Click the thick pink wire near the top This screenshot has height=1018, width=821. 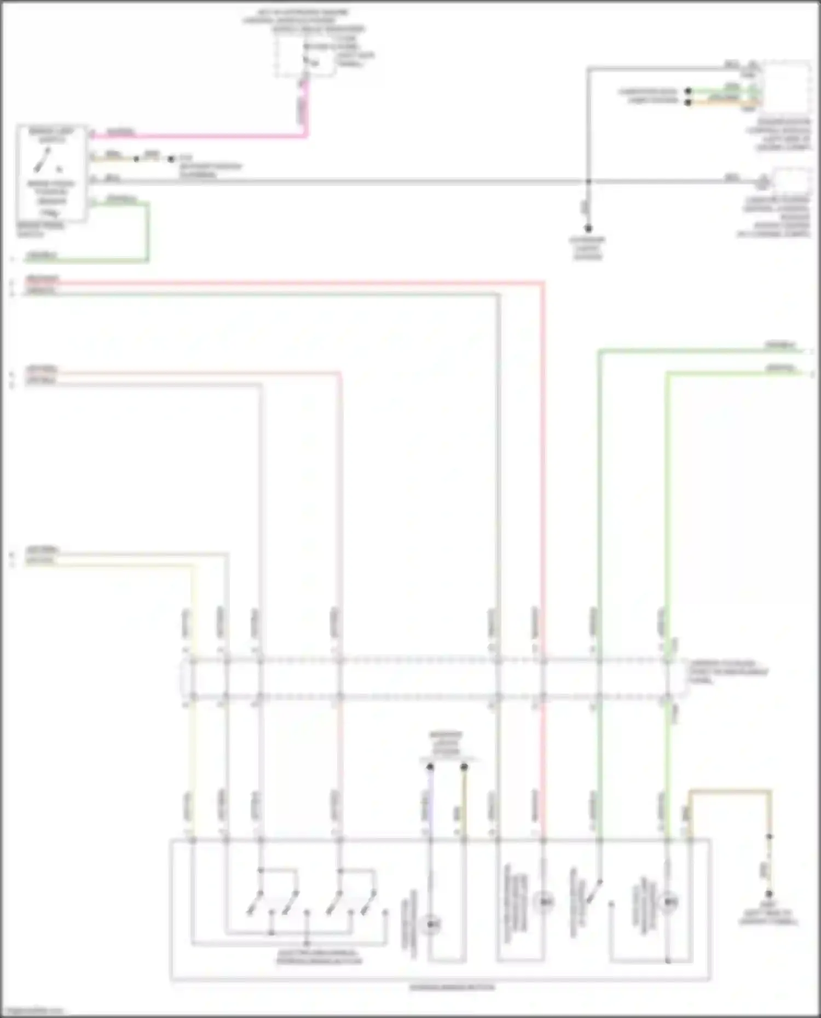(197, 135)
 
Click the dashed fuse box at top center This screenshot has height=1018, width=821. (305, 56)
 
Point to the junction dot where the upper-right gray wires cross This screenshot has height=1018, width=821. (588, 181)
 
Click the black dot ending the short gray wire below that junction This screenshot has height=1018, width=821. (588, 229)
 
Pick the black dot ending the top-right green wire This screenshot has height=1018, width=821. (688, 91)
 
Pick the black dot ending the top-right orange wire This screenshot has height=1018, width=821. (688, 102)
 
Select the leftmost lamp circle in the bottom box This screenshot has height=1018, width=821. (432, 924)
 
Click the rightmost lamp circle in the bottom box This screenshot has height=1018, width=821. (668, 901)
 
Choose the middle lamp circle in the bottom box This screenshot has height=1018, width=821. (544, 901)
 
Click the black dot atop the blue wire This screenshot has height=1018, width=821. (430, 767)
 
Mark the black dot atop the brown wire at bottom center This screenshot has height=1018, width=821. (464, 767)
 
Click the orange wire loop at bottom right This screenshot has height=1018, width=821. (731, 791)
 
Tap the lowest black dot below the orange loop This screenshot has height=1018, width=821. (769, 894)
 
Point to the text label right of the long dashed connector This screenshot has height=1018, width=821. (728, 672)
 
